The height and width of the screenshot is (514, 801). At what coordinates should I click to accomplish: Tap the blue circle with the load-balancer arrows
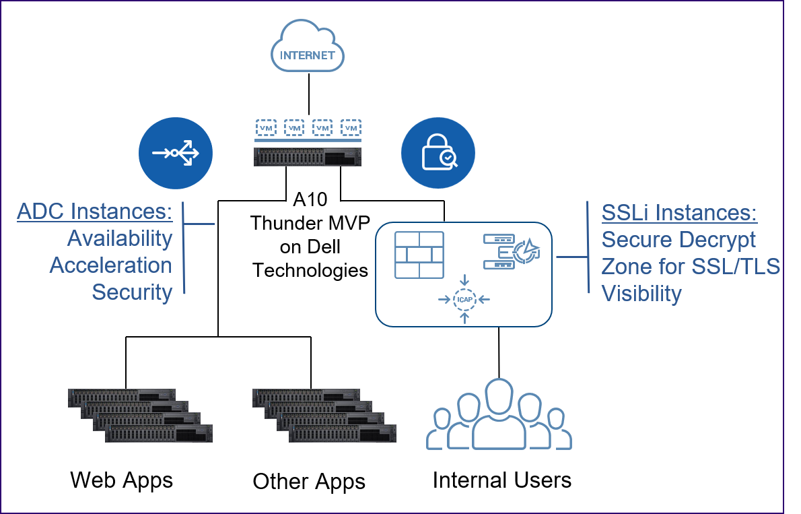[x=176, y=154]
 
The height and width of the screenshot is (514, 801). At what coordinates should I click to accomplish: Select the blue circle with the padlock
[x=438, y=154]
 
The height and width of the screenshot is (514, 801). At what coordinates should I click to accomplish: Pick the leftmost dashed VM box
[x=266, y=127]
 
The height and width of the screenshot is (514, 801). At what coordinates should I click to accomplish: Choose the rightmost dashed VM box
[x=351, y=127]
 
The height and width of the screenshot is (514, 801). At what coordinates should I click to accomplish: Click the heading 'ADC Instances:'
[x=95, y=212]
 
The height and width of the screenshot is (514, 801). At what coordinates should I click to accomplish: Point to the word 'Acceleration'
[x=111, y=265]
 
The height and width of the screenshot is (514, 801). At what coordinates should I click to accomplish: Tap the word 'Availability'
[x=120, y=238]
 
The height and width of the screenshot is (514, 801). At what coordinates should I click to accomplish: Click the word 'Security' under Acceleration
[x=132, y=292]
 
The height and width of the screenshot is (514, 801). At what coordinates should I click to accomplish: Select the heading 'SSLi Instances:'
[x=679, y=213]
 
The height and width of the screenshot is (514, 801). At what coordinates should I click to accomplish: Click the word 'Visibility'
[x=641, y=294]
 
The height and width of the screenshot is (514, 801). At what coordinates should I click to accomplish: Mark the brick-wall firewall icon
[x=419, y=255]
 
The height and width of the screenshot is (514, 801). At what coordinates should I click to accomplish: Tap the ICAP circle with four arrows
[x=464, y=298]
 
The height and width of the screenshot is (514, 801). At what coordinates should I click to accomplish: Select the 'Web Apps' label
[x=122, y=480]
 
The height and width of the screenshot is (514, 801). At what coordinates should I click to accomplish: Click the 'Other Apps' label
[x=309, y=482]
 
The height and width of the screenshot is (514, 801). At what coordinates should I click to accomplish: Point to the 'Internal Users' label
[x=502, y=480]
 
